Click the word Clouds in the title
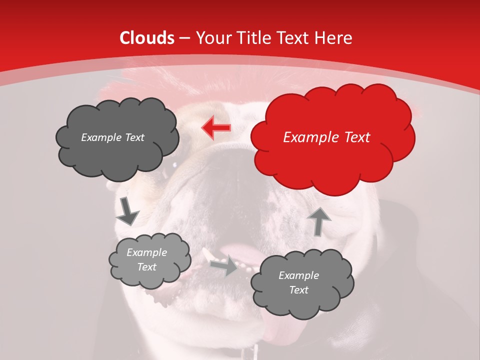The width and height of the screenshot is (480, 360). pos(147,38)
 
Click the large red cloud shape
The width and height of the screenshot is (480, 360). pos(332,137)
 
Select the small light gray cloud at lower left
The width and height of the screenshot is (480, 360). pos(149,260)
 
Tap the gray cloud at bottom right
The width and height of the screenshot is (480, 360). pos(302,283)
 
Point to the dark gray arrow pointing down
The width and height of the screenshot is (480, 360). pos(127,211)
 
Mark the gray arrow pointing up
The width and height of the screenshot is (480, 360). pos(318,221)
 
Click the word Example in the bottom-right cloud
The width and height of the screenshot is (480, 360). pos(298,275)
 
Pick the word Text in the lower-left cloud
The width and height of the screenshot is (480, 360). pos(147,267)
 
